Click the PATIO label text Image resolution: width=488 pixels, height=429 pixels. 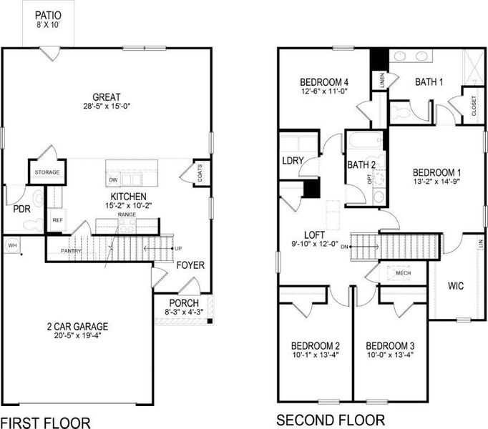click(x=47, y=14)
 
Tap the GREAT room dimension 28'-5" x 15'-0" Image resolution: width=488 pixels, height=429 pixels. click(x=106, y=107)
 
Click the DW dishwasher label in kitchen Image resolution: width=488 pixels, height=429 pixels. click(x=113, y=179)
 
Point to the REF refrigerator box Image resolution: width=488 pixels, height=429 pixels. click(x=57, y=221)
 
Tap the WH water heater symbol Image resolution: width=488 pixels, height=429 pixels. click(x=12, y=245)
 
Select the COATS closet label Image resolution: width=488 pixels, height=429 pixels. click(x=199, y=174)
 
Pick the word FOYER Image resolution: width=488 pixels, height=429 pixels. click(x=190, y=265)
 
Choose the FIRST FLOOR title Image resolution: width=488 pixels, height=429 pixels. click(x=47, y=422)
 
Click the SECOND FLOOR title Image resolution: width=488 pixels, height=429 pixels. click(x=331, y=420)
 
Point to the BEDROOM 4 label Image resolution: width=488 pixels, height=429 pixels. click(x=323, y=81)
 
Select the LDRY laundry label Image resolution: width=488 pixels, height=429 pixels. click(x=292, y=160)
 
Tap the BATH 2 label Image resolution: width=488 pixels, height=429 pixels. click(x=362, y=165)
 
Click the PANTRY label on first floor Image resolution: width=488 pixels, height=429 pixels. click(x=70, y=251)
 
